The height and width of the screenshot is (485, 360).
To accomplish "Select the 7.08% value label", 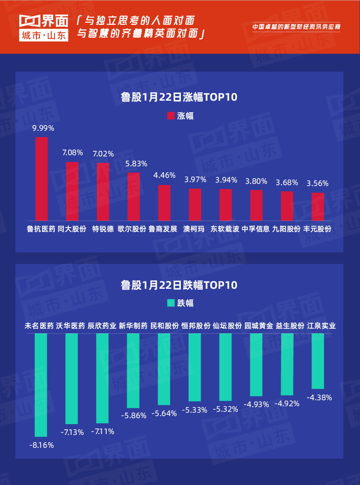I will point(72,153).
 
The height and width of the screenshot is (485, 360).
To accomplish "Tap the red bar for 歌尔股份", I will point(134,197).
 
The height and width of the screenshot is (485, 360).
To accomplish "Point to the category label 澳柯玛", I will point(195,229).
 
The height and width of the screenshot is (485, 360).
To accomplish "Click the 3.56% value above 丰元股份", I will point(318,183).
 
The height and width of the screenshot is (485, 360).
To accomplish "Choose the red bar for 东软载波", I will point(226,205).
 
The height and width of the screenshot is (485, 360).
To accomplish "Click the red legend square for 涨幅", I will point(171,116).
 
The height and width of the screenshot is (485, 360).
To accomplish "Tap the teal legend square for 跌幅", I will point(171,303).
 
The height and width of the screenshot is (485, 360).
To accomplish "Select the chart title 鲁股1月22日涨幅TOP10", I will point(179,97).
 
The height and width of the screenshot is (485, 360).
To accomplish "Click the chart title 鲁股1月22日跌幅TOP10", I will point(179,284).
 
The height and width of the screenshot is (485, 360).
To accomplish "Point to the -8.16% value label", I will point(42,445).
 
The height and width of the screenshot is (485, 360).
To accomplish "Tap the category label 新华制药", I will point(133,326).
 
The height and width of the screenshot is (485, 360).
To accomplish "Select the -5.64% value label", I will point(164,413).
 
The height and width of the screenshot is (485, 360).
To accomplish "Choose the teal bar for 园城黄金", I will point(256,365).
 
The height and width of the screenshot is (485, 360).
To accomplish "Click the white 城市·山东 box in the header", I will point(44,36).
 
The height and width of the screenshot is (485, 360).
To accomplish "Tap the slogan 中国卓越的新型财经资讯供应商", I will point(297,27).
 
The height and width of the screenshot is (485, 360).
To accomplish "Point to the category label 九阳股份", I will point(286,229).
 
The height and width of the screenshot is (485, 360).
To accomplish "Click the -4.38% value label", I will point(319,397).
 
